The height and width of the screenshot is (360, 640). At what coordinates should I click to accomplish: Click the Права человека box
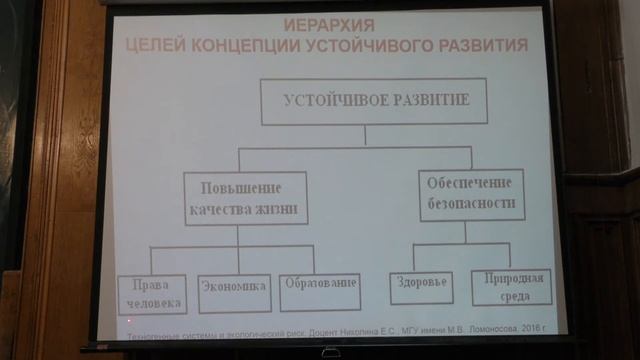pos(150,291)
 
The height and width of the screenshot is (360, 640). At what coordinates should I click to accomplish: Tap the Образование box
pos(318,286)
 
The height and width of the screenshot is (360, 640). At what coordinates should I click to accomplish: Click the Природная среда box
pos(511,287)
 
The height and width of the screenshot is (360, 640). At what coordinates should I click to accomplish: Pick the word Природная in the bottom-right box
pos(512,277)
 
